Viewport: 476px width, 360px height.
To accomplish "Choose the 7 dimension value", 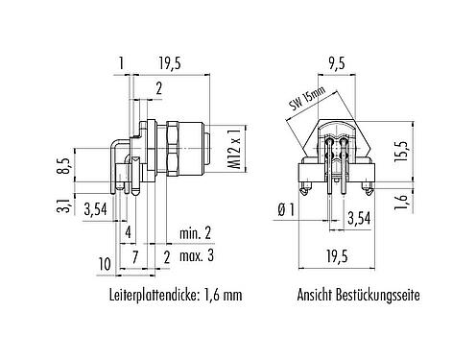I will (136, 258).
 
